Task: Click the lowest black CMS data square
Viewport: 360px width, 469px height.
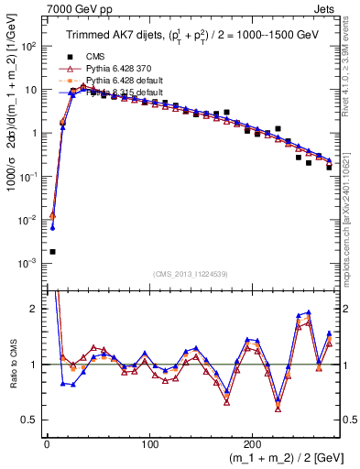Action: pos(52,251)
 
